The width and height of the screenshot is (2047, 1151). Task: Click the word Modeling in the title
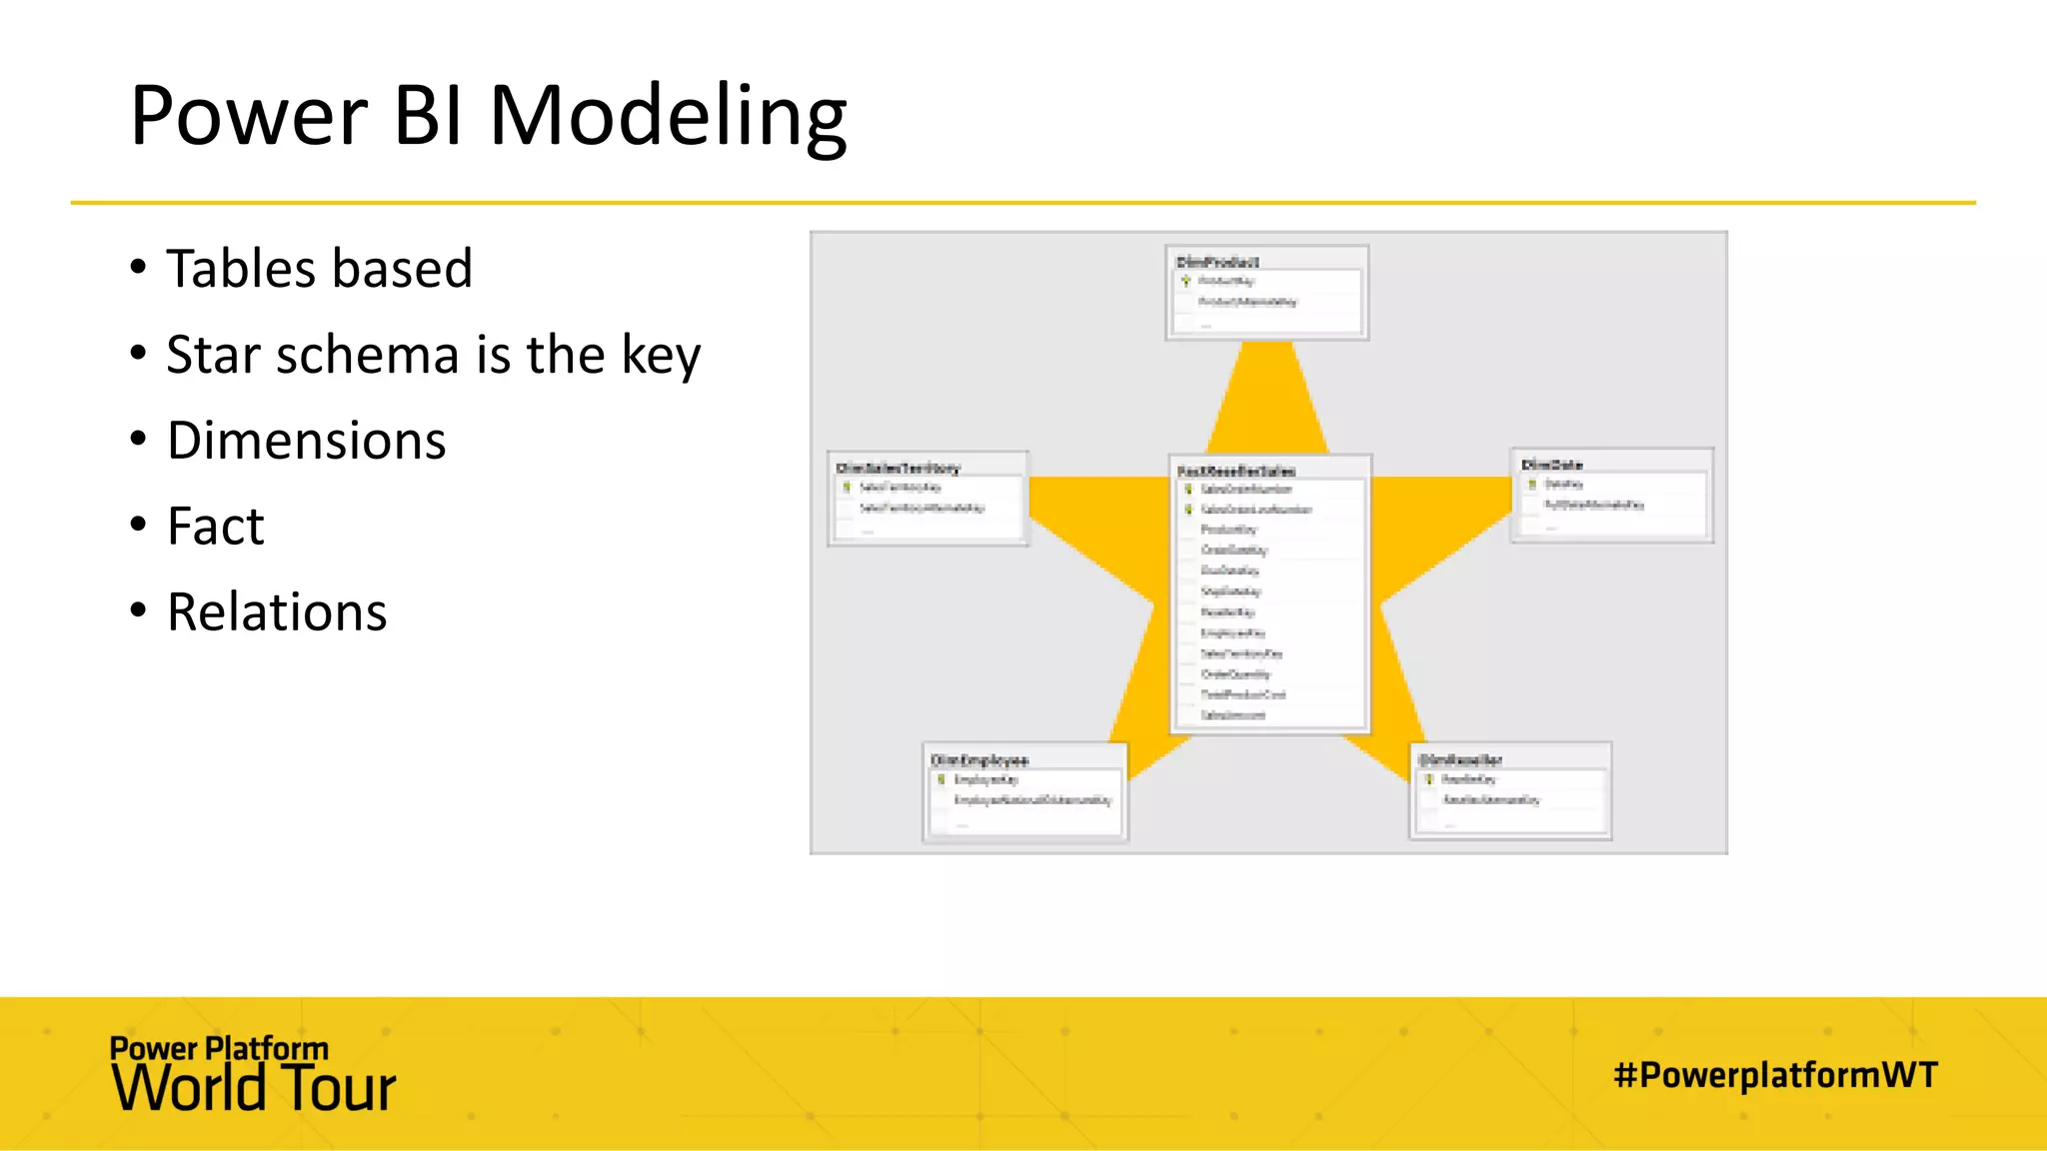click(x=668, y=116)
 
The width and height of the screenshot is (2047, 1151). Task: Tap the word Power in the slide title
click(x=249, y=116)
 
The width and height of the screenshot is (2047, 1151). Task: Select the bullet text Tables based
click(x=319, y=269)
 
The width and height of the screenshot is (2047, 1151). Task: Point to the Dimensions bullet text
click(x=306, y=441)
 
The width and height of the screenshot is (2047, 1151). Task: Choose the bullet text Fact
click(x=215, y=527)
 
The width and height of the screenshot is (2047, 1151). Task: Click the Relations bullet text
click(x=277, y=612)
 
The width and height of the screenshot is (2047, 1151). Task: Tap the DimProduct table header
click(x=1217, y=262)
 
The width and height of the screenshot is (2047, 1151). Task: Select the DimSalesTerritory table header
click(x=898, y=468)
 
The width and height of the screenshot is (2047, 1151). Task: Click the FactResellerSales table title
click(x=1236, y=471)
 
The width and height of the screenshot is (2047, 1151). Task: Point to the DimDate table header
click(x=1551, y=465)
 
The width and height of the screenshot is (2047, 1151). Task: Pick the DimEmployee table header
click(x=980, y=760)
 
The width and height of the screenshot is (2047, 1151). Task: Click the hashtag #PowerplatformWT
click(x=1775, y=1075)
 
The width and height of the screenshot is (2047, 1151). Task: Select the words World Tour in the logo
click(x=254, y=1089)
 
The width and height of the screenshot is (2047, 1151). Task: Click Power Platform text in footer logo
click(x=219, y=1048)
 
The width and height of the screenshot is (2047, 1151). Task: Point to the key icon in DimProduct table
click(x=1186, y=282)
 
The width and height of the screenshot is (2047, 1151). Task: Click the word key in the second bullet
click(x=661, y=355)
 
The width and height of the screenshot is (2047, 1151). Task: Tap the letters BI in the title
click(x=428, y=116)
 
